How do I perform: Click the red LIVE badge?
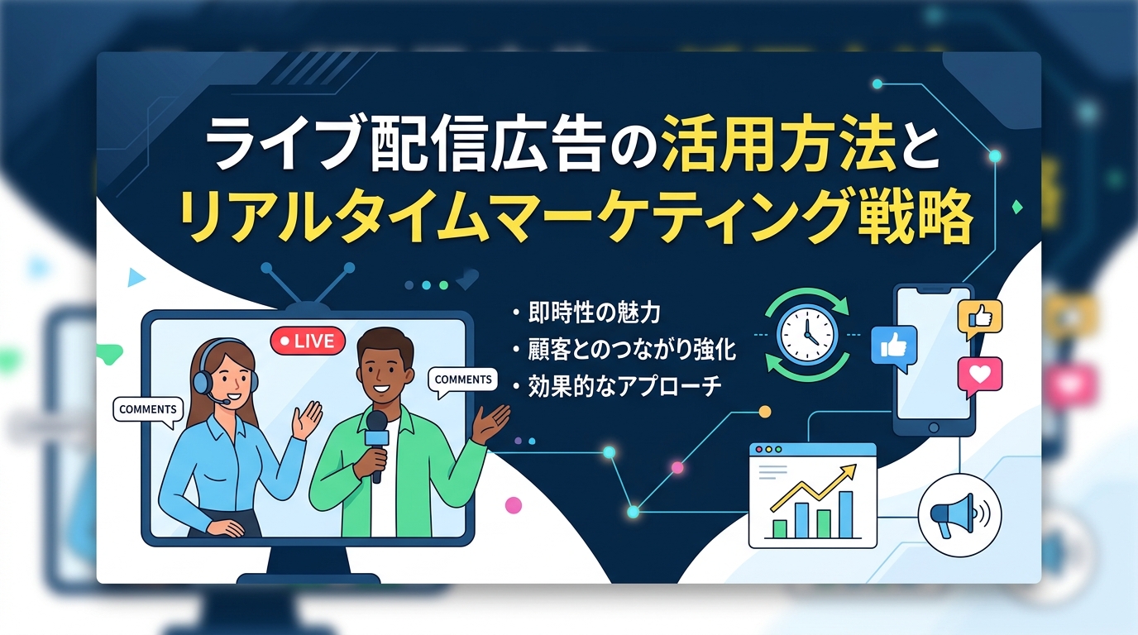tap(307, 340)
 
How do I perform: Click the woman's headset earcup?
tap(202, 382)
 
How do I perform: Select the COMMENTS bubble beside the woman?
tap(147, 409)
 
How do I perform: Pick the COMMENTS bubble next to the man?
tap(463, 380)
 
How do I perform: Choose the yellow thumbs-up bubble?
tap(979, 317)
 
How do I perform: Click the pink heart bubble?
tap(979, 375)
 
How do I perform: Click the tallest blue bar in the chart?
tap(845, 513)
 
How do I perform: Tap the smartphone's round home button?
tap(934, 427)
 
